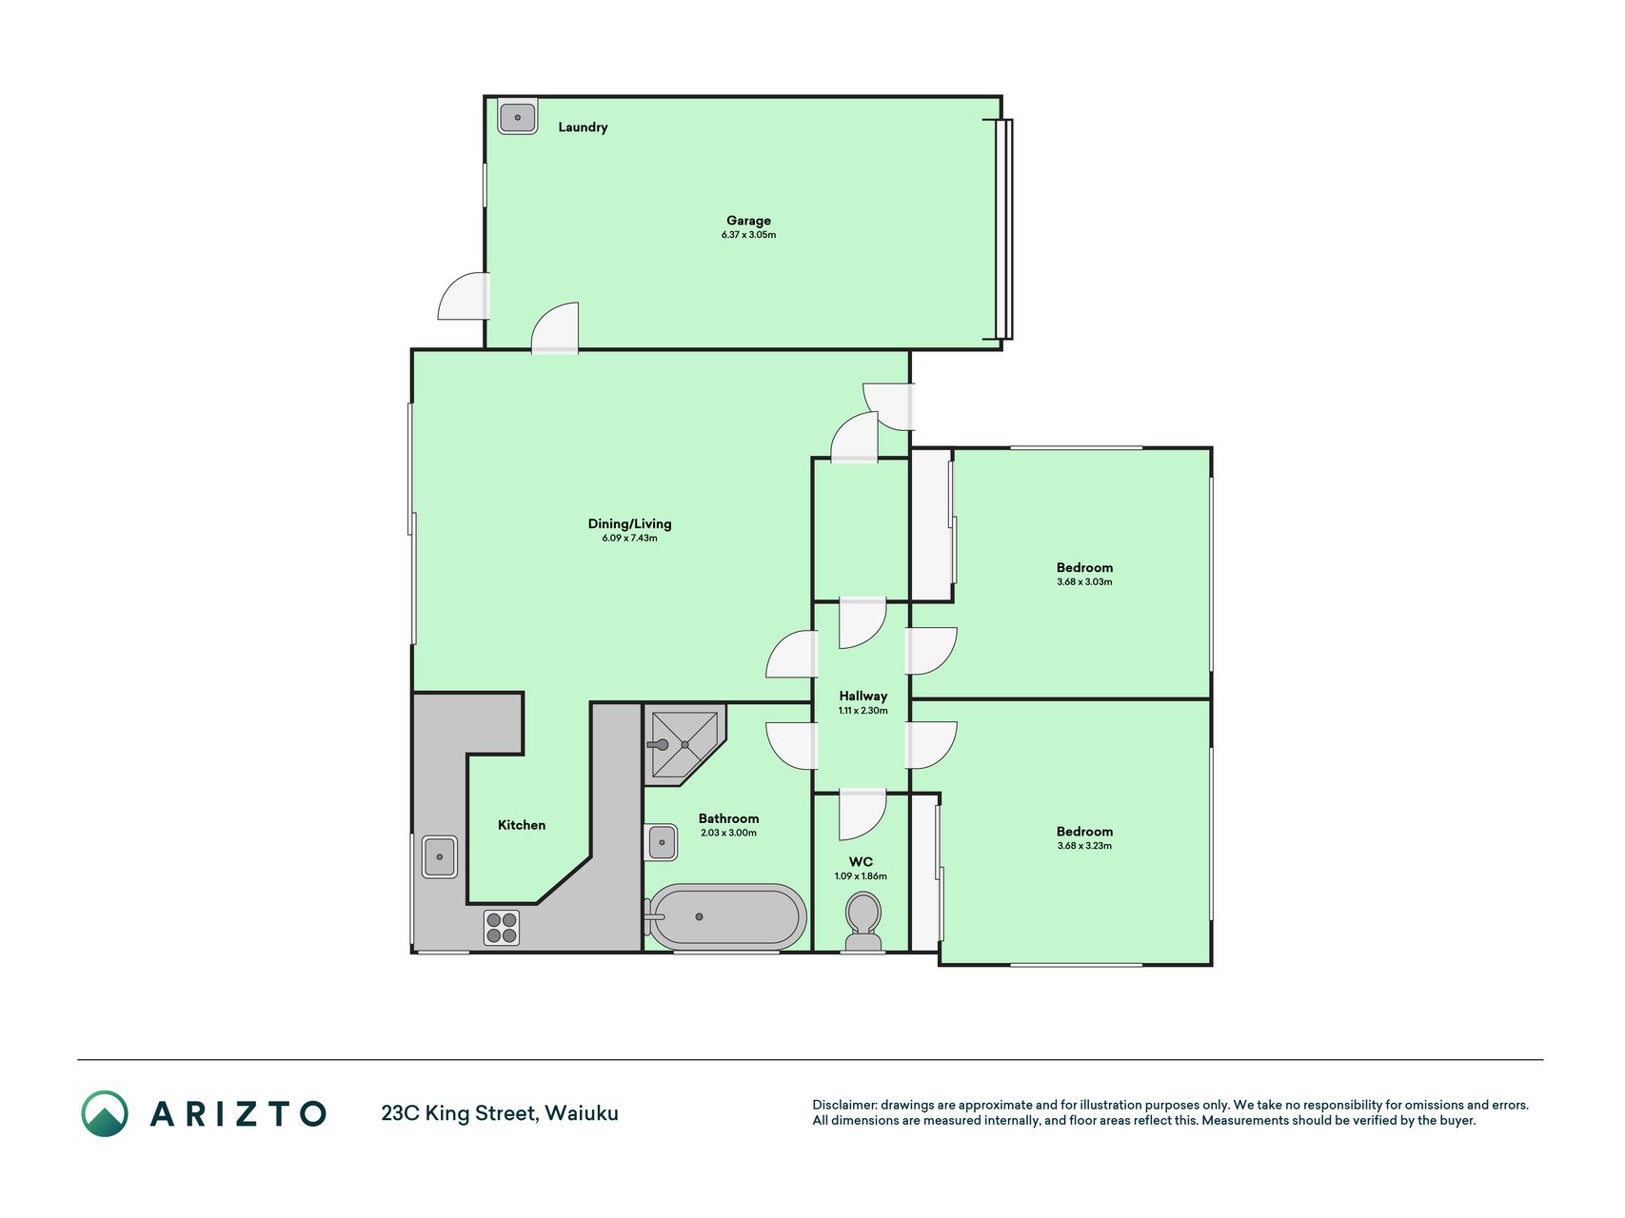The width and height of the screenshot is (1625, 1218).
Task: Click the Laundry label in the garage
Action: [x=583, y=128]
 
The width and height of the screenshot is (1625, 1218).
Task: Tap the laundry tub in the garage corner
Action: [x=518, y=117]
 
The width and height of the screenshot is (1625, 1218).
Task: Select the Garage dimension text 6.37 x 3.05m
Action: [x=748, y=235]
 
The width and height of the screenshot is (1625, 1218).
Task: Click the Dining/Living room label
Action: [x=629, y=523]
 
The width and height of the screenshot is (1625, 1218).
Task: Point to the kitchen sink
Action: [x=440, y=856]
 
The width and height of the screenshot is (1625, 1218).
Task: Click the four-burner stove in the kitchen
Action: [x=502, y=928]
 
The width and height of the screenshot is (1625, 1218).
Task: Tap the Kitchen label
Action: [x=522, y=825]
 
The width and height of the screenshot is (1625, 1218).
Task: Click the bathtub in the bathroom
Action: [x=725, y=917]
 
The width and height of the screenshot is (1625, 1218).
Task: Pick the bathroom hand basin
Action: [x=662, y=843]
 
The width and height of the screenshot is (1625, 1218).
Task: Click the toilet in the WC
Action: [x=863, y=922]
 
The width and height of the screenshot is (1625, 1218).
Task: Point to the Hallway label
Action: [x=862, y=696]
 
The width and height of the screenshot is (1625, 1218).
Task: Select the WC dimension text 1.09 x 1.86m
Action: [x=861, y=876]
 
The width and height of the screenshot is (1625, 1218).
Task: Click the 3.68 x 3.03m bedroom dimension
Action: [x=1084, y=582]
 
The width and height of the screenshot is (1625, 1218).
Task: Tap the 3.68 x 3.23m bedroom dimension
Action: [x=1084, y=846]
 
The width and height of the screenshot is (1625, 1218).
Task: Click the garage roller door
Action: [x=1003, y=229]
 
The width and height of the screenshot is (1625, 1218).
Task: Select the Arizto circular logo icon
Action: [x=105, y=1113]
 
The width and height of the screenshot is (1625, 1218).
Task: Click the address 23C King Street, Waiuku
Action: [x=500, y=1113]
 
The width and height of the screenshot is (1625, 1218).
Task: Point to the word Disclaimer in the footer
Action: [x=843, y=1105]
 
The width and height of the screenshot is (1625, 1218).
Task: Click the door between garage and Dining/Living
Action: [x=555, y=329]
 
